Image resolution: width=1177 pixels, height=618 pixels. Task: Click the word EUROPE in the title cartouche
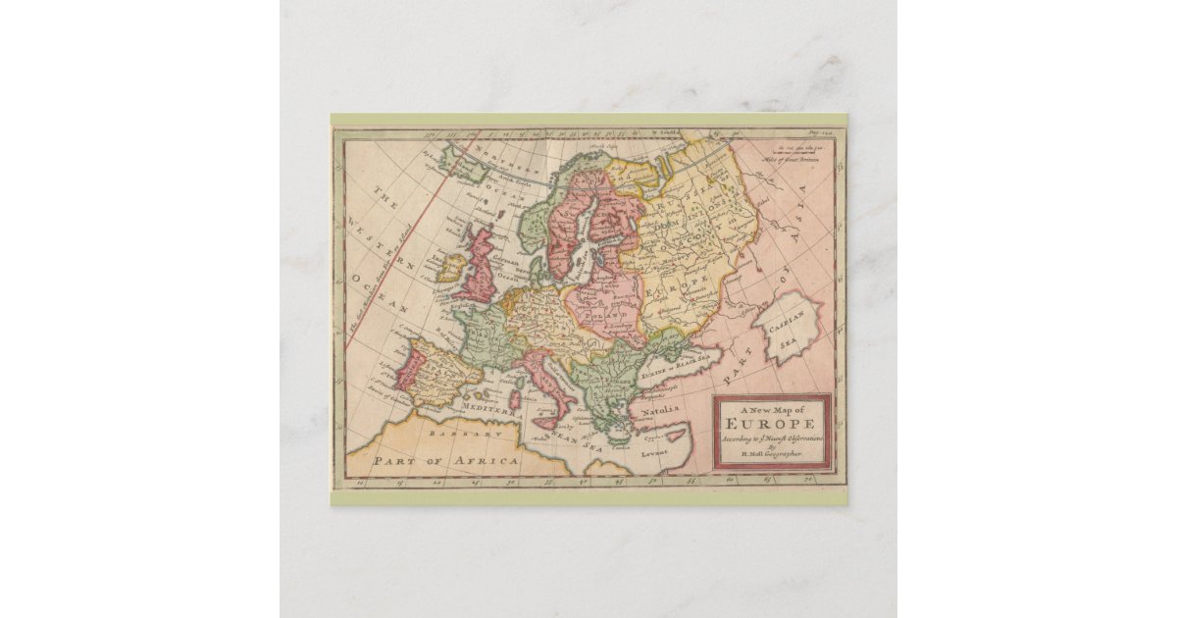(x=772, y=424)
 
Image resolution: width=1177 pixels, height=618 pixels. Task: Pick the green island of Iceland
(x=462, y=163)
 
